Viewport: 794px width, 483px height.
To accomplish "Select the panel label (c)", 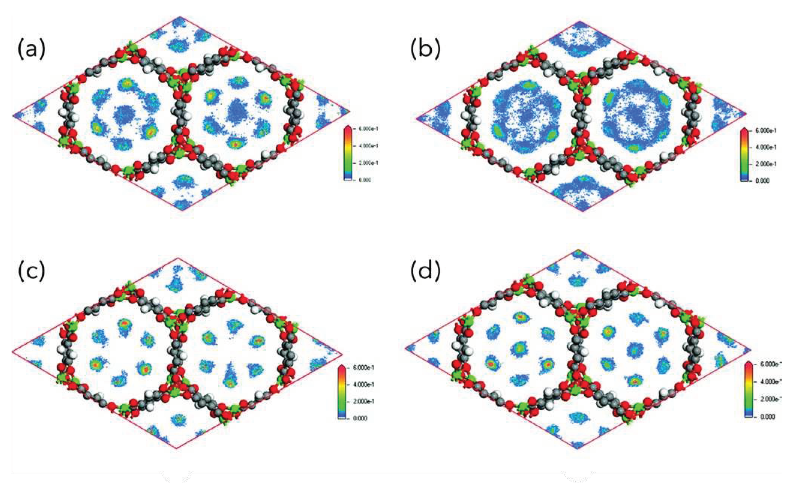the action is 32,271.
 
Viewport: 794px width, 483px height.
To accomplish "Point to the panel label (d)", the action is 425,271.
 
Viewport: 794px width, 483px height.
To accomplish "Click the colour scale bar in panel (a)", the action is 348,153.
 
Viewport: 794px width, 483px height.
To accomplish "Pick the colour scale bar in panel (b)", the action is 744,154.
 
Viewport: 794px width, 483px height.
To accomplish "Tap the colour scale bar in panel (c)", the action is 342,392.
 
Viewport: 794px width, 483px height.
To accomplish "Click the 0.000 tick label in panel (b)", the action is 762,181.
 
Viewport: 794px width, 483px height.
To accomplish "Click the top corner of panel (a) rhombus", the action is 180,17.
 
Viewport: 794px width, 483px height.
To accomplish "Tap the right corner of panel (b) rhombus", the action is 746,113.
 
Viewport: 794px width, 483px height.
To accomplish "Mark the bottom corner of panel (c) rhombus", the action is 176,448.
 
